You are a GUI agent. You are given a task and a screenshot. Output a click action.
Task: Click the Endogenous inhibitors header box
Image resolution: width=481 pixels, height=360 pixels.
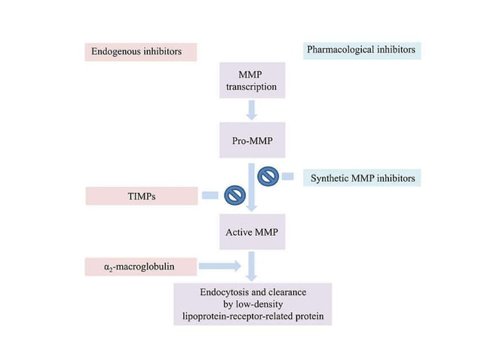pyautogui.click(x=140, y=53)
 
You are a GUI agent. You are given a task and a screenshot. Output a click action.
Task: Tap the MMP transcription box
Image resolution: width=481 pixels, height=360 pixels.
pyautogui.click(x=252, y=81)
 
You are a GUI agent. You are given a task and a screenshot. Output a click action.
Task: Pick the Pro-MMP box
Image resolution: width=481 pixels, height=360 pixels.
pyautogui.click(x=252, y=141)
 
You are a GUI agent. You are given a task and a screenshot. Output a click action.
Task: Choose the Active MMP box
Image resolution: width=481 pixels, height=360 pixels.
pyautogui.click(x=252, y=232)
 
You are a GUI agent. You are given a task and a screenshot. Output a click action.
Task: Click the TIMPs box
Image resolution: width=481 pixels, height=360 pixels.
pyautogui.click(x=141, y=196)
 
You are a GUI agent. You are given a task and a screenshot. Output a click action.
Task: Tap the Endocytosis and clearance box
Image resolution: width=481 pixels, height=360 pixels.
pyautogui.click(x=252, y=304)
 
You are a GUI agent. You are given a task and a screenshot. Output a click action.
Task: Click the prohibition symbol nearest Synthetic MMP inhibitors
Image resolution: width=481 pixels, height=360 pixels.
pyautogui.click(x=268, y=177)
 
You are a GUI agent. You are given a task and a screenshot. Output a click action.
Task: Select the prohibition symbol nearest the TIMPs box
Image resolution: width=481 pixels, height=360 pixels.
pyautogui.click(x=234, y=196)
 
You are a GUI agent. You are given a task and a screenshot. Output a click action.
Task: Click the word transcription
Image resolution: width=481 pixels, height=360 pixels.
pyautogui.click(x=252, y=87)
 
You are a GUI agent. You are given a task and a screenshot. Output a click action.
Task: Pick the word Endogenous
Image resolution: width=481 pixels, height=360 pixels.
pyautogui.click(x=115, y=53)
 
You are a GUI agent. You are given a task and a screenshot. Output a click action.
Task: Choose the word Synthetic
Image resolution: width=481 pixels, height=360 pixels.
pyautogui.click(x=329, y=178)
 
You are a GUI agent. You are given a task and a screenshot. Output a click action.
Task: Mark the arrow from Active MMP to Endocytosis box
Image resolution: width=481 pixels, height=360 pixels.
pyautogui.click(x=252, y=264)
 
